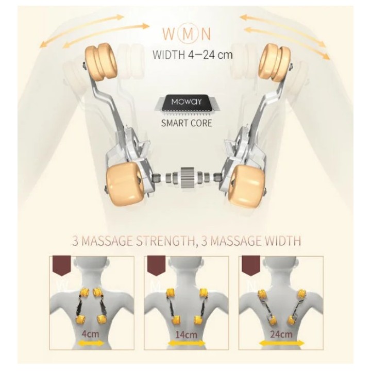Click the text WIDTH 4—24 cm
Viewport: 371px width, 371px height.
click(192, 55)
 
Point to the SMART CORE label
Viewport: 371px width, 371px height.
click(187, 123)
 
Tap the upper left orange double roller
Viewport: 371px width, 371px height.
click(102, 61)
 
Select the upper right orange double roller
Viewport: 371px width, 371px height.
click(275, 61)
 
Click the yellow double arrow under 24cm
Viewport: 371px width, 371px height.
click(281, 343)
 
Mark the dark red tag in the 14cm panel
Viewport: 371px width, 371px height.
click(156, 265)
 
